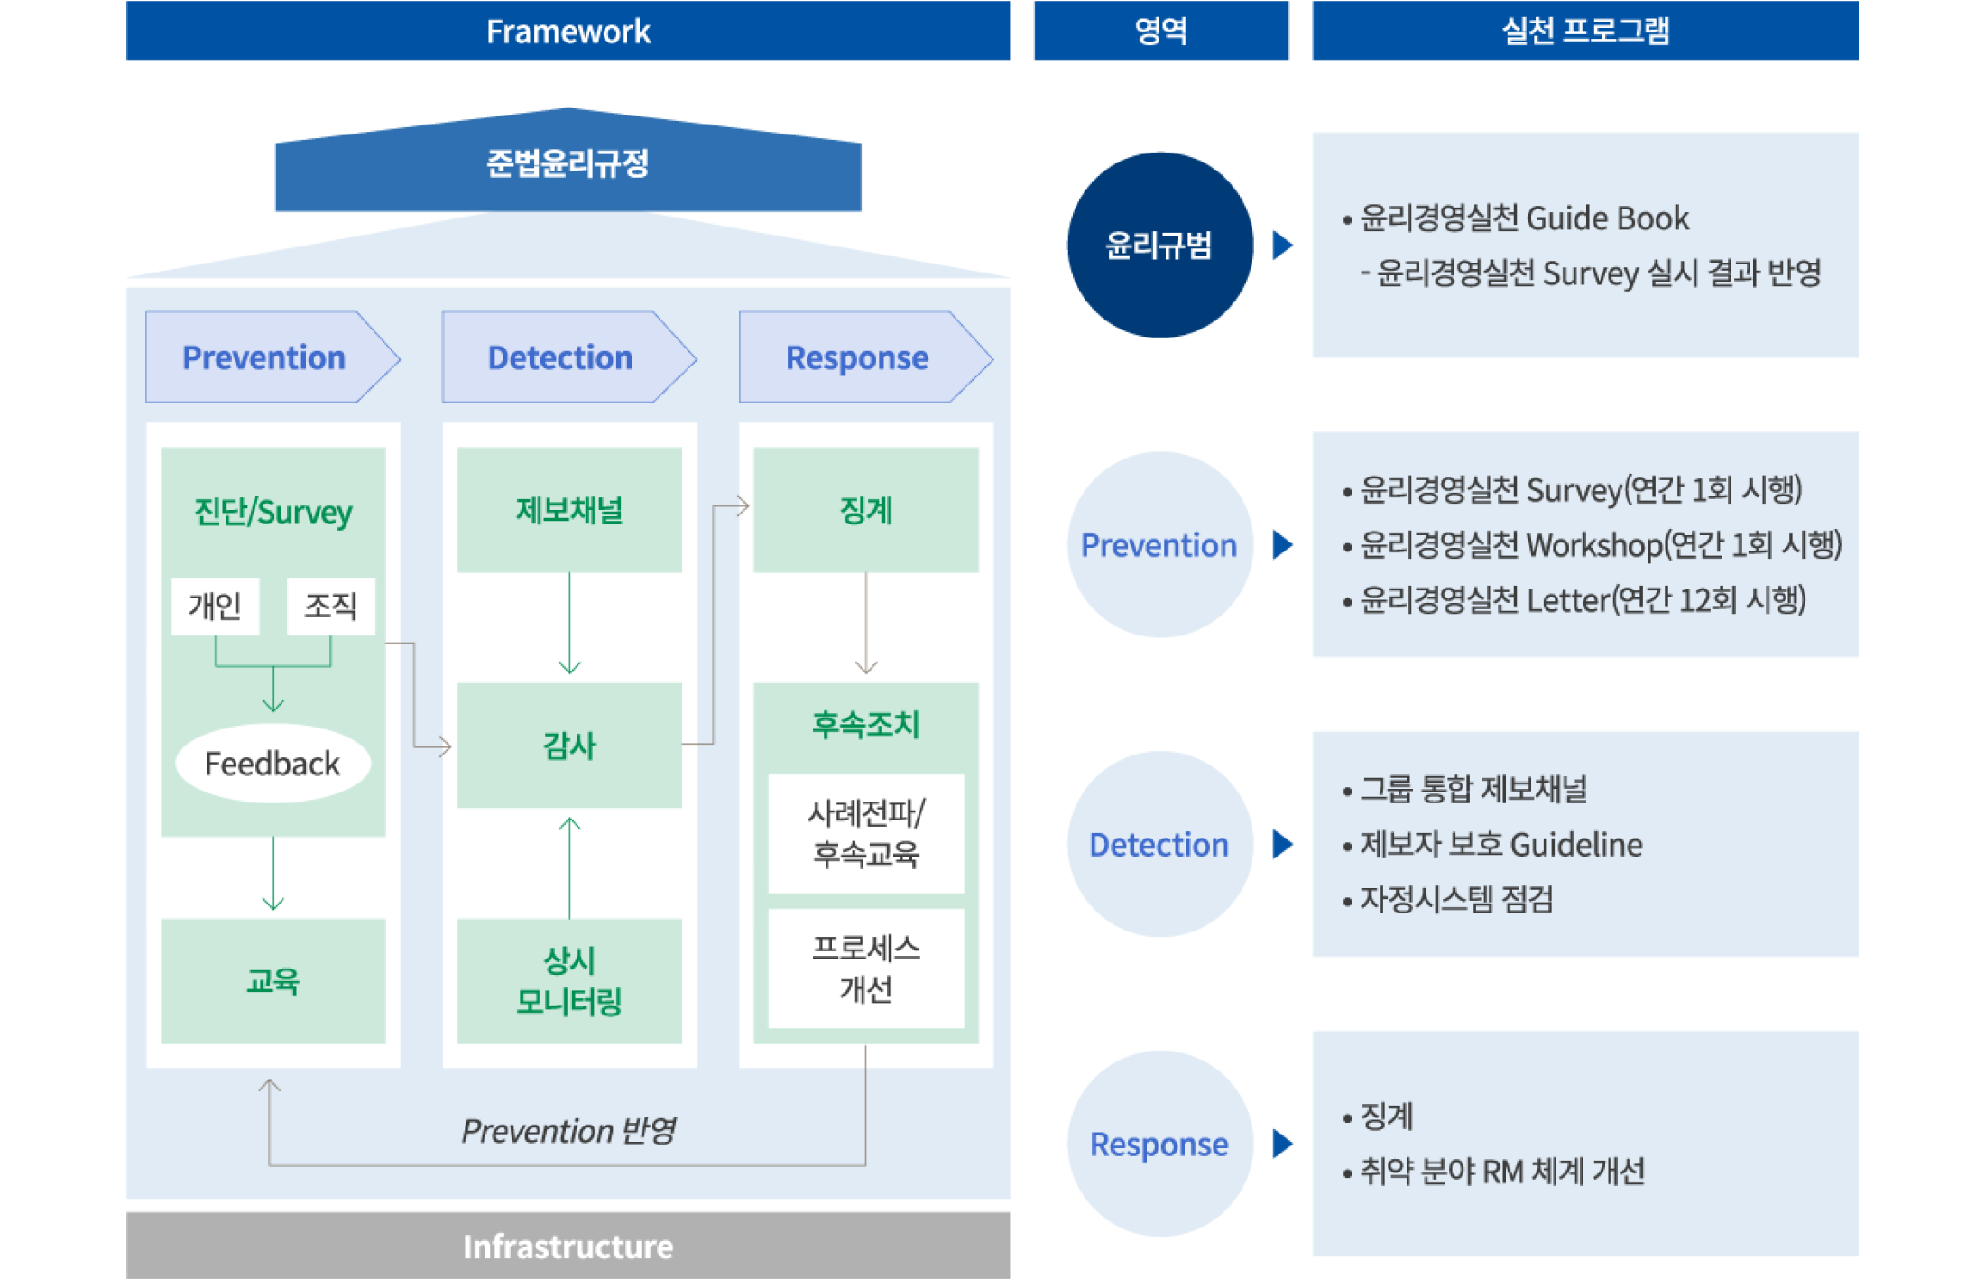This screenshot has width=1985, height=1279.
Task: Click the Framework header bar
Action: point(568,31)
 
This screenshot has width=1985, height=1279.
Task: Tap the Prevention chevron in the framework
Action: point(264,357)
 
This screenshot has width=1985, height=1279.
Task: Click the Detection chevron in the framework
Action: point(560,357)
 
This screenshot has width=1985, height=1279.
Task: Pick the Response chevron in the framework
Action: point(857,357)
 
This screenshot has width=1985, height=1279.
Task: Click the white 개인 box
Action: point(215,606)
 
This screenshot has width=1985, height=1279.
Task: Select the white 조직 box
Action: point(330,606)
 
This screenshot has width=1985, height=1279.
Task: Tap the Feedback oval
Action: point(272,764)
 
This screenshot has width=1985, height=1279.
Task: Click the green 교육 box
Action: point(272,981)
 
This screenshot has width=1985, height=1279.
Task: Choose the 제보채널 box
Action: point(569,510)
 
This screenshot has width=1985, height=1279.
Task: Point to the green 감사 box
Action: point(569,746)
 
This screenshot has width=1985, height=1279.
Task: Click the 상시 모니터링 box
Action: point(569,981)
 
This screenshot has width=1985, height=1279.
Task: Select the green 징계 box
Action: point(866,510)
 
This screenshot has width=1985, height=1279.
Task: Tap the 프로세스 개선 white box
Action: point(866,969)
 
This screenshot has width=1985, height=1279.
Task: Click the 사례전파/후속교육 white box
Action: point(866,833)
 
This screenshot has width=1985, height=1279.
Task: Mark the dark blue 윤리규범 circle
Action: point(1159,245)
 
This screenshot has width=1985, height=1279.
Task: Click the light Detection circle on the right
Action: point(1159,844)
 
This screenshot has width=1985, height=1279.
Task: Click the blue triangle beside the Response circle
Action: point(1281,1144)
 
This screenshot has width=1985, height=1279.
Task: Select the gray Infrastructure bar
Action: point(568,1246)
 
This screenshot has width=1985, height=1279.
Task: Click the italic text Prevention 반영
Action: point(568,1130)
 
